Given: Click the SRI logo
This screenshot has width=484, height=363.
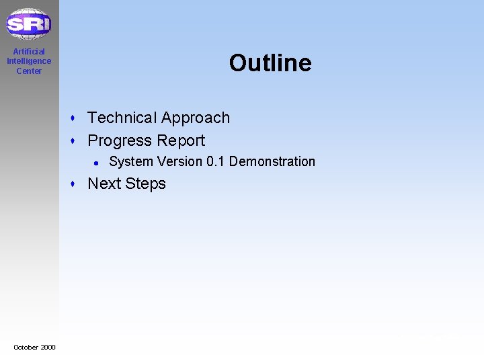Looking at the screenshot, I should click(28, 24).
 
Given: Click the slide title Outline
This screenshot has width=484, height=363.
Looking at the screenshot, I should click(270, 63).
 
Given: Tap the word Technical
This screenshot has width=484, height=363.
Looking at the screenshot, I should click(122, 118).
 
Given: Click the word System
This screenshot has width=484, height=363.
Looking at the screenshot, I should click(127, 161).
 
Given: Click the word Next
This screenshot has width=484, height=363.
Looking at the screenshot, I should click(104, 184).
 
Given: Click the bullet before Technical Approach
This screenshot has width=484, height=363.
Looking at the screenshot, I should click(77, 118).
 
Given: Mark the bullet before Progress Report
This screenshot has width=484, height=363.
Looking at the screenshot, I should click(77, 141).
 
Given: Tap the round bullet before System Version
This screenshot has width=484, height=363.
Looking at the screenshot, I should click(97, 162).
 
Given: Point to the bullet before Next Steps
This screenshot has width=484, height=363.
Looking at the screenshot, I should click(77, 184).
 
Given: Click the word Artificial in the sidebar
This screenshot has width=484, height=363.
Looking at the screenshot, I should click(29, 52).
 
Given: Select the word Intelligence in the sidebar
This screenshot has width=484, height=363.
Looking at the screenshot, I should click(29, 61).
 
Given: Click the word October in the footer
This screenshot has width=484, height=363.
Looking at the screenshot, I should click(26, 347).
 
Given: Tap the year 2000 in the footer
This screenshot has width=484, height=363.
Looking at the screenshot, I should click(48, 347).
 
